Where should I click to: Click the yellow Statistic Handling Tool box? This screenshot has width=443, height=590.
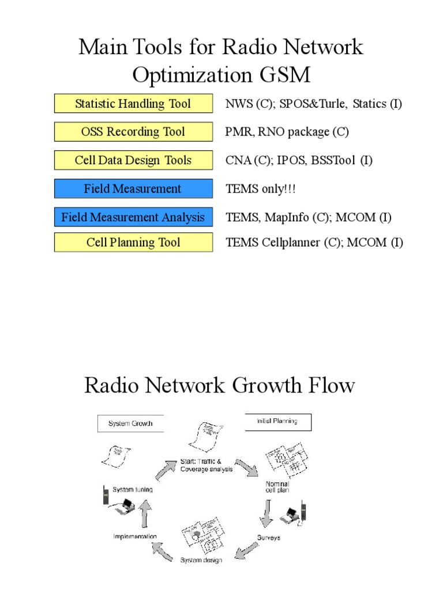(133, 104)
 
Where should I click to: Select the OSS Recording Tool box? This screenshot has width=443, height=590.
(133, 132)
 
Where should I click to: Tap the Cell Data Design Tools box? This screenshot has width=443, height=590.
(133, 160)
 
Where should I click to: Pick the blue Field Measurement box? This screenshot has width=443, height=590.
(133, 188)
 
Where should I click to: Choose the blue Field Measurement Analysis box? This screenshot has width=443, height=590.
(133, 217)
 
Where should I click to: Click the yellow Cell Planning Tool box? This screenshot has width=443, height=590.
(133, 243)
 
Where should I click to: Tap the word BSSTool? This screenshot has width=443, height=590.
(334, 161)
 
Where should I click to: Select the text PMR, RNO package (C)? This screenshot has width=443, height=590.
(287, 133)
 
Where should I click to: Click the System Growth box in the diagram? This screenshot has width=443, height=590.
(130, 423)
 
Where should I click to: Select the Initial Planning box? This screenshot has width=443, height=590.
(277, 422)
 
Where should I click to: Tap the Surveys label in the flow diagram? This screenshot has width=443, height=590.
(269, 538)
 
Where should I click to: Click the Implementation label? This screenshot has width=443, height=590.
(135, 536)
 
